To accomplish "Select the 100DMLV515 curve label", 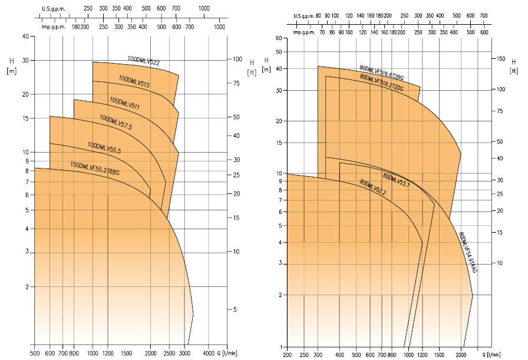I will (x=134, y=81).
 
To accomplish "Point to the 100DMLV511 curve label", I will (x=124, y=103).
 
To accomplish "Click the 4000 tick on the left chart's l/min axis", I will (x=209, y=353).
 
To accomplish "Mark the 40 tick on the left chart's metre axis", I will (x=25, y=37).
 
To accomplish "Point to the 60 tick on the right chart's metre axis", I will (x=279, y=38).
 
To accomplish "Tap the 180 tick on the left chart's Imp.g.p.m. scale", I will (x=75, y=27).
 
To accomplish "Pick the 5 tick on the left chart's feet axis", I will (x=234, y=309).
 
